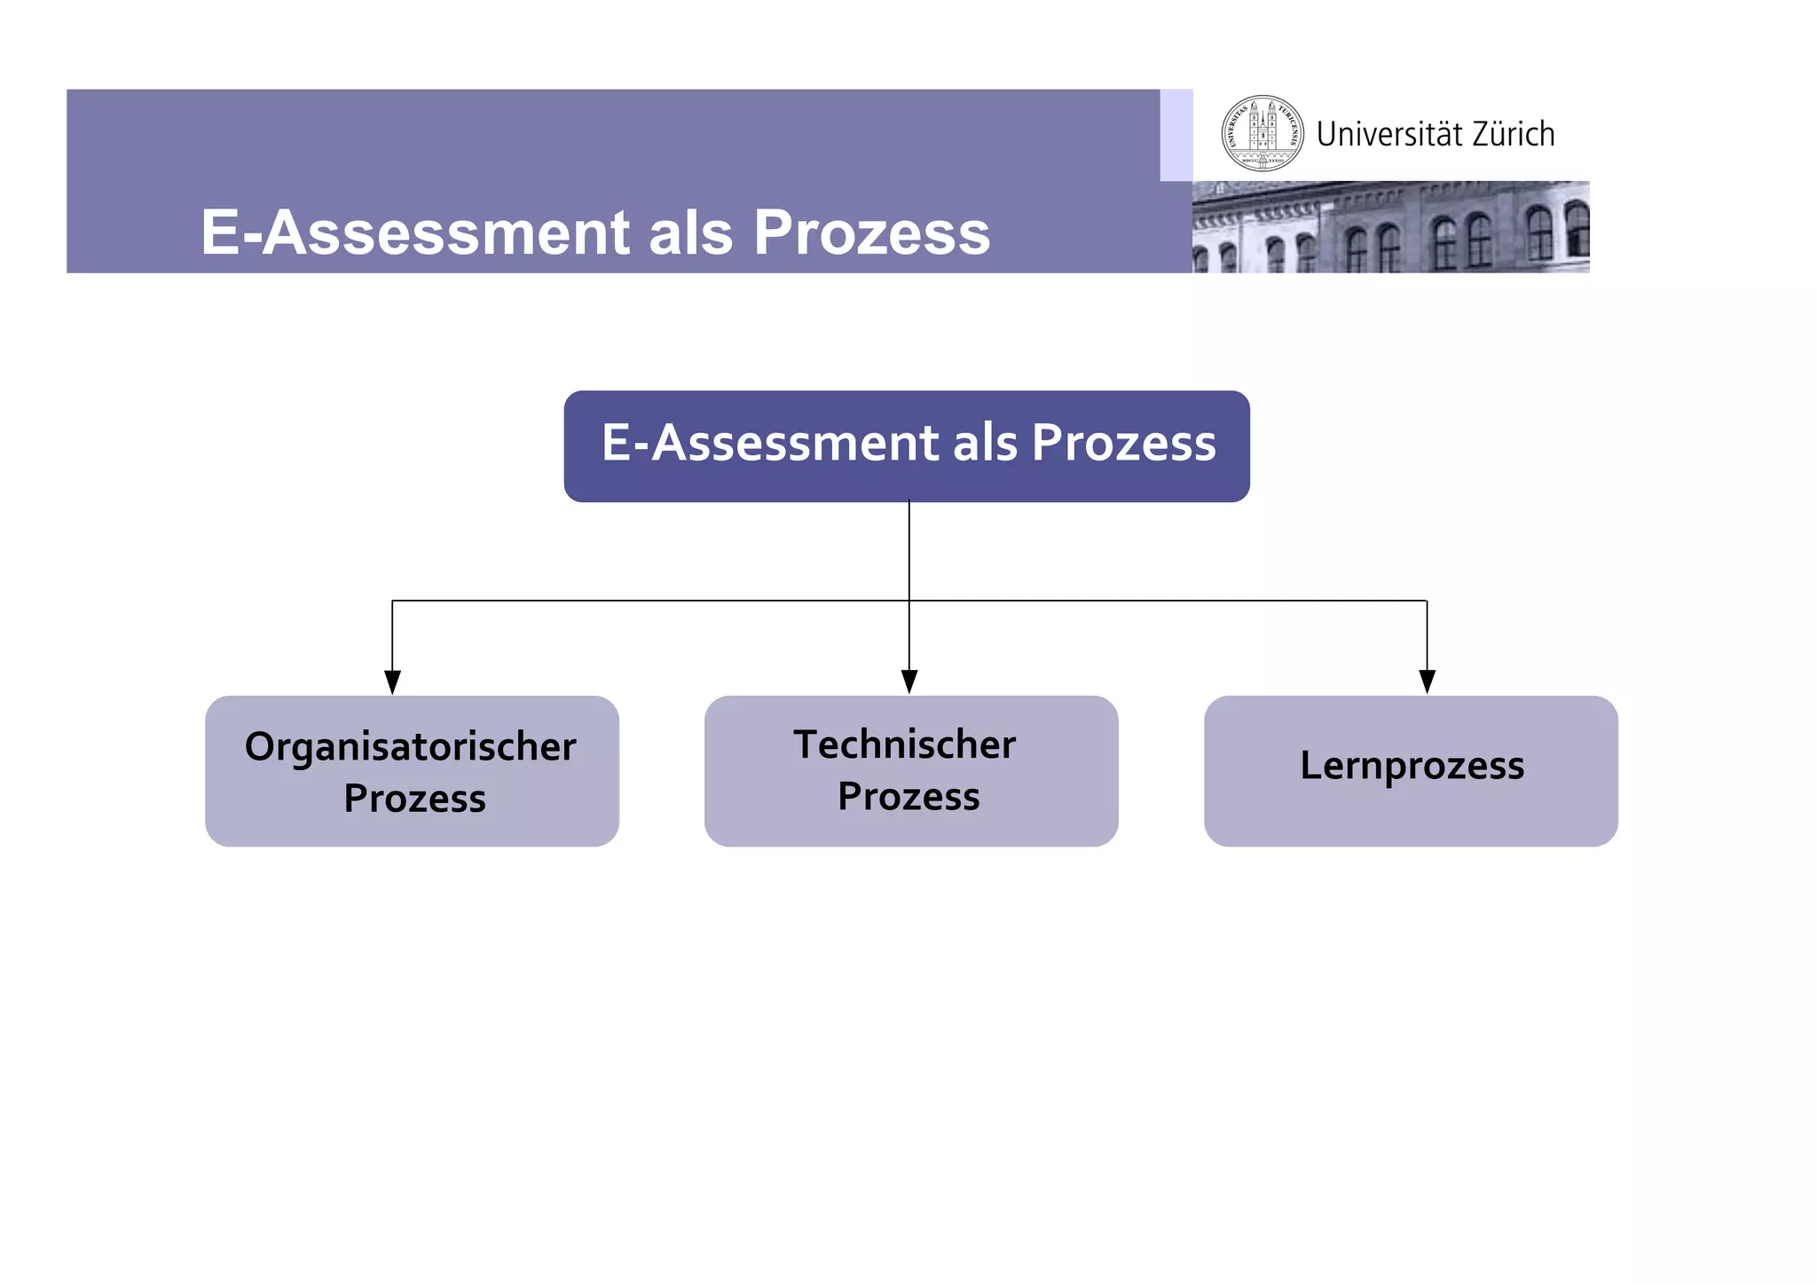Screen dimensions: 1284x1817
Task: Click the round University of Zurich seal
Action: pyautogui.click(x=1262, y=134)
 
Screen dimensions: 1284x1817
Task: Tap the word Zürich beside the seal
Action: pyautogui.click(x=1513, y=135)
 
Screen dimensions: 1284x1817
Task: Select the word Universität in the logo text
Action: pyautogui.click(x=1389, y=135)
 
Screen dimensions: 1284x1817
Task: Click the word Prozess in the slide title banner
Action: pyautogui.click(x=871, y=232)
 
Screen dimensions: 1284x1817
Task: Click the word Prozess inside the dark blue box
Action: pyautogui.click(x=1123, y=443)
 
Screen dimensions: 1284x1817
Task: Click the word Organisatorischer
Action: pyautogui.click(x=411, y=747)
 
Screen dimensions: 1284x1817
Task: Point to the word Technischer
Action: pyautogui.click(x=904, y=744)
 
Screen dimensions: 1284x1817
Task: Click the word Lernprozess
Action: pyautogui.click(x=1412, y=766)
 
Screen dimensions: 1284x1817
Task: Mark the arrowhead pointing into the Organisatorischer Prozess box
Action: pyautogui.click(x=392, y=681)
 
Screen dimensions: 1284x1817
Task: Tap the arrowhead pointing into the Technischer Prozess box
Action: pyautogui.click(x=909, y=681)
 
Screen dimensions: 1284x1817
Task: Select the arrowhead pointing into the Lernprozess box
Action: pyautogui.click(x=1427, y=681)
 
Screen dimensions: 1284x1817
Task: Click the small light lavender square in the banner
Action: pyautogui.click(x=1176, y=135)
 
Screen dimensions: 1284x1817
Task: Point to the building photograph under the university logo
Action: pyautogui.click(x=1390, y=227)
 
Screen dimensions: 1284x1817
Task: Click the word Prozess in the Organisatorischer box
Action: pyautogui.click(x=414, y=799)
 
